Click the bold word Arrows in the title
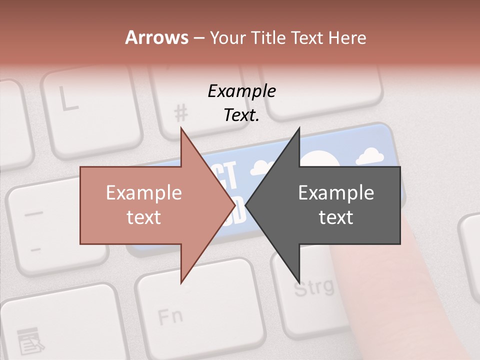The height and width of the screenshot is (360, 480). [157, 37]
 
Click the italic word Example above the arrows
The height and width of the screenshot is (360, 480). [241, 91]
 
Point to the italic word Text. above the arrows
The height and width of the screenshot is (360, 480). [241, 115]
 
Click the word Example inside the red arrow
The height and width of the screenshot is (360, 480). [144, 193]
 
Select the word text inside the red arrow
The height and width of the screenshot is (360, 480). [144, 217]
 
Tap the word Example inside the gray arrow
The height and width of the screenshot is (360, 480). [336, 193]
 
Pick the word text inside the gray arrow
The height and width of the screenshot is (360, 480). [336, 217]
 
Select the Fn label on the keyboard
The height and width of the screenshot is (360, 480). [170, 316]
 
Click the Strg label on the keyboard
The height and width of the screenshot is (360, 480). [313, 287]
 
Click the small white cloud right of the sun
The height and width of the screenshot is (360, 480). [373, 156]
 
